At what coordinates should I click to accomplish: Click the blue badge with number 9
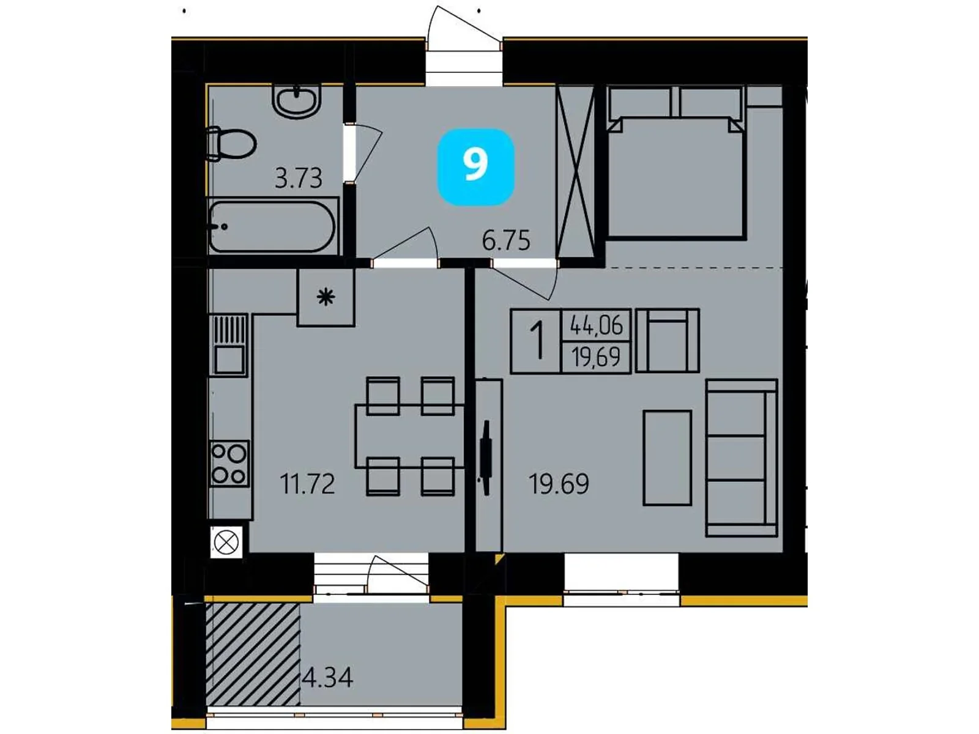[x=475, y=166]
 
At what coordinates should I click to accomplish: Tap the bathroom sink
[x=296, y=101]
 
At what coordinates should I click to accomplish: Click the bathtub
[x=272, y=226]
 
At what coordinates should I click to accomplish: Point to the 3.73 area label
[x=298, y=179]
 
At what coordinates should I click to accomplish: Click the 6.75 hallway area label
[x=506, y=240]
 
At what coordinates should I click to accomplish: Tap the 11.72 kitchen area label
[x=307, y=484]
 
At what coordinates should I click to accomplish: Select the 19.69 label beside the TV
[x=559, y=484]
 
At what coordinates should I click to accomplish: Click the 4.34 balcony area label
[x=328, y=678]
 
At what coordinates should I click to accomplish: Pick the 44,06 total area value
[x=596, y=325]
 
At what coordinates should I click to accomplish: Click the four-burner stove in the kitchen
[x=229, y=463]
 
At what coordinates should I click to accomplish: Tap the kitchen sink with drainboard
[x=229, y=344]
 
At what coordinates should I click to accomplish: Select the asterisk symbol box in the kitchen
[x=326, y=298]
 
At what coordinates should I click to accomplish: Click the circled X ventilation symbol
[x=226, y=543]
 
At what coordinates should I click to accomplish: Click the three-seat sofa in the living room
[x=741, y=458]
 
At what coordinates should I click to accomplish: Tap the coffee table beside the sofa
[x=667, y=458]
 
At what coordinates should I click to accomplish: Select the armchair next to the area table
[x=667, y=341]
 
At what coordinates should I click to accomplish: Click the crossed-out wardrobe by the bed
[x=575, y=171]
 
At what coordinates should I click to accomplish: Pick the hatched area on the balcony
[x=253, y=654]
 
